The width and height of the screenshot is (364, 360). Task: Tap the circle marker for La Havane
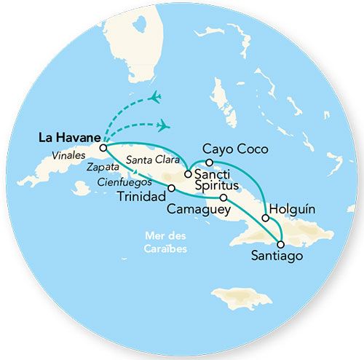103,147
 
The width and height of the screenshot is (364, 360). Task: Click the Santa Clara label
149,160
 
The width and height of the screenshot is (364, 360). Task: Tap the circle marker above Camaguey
223,197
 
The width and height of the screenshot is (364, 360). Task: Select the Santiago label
275,257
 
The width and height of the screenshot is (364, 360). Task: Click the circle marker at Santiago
281,243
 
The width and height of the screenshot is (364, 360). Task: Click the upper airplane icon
156,97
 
